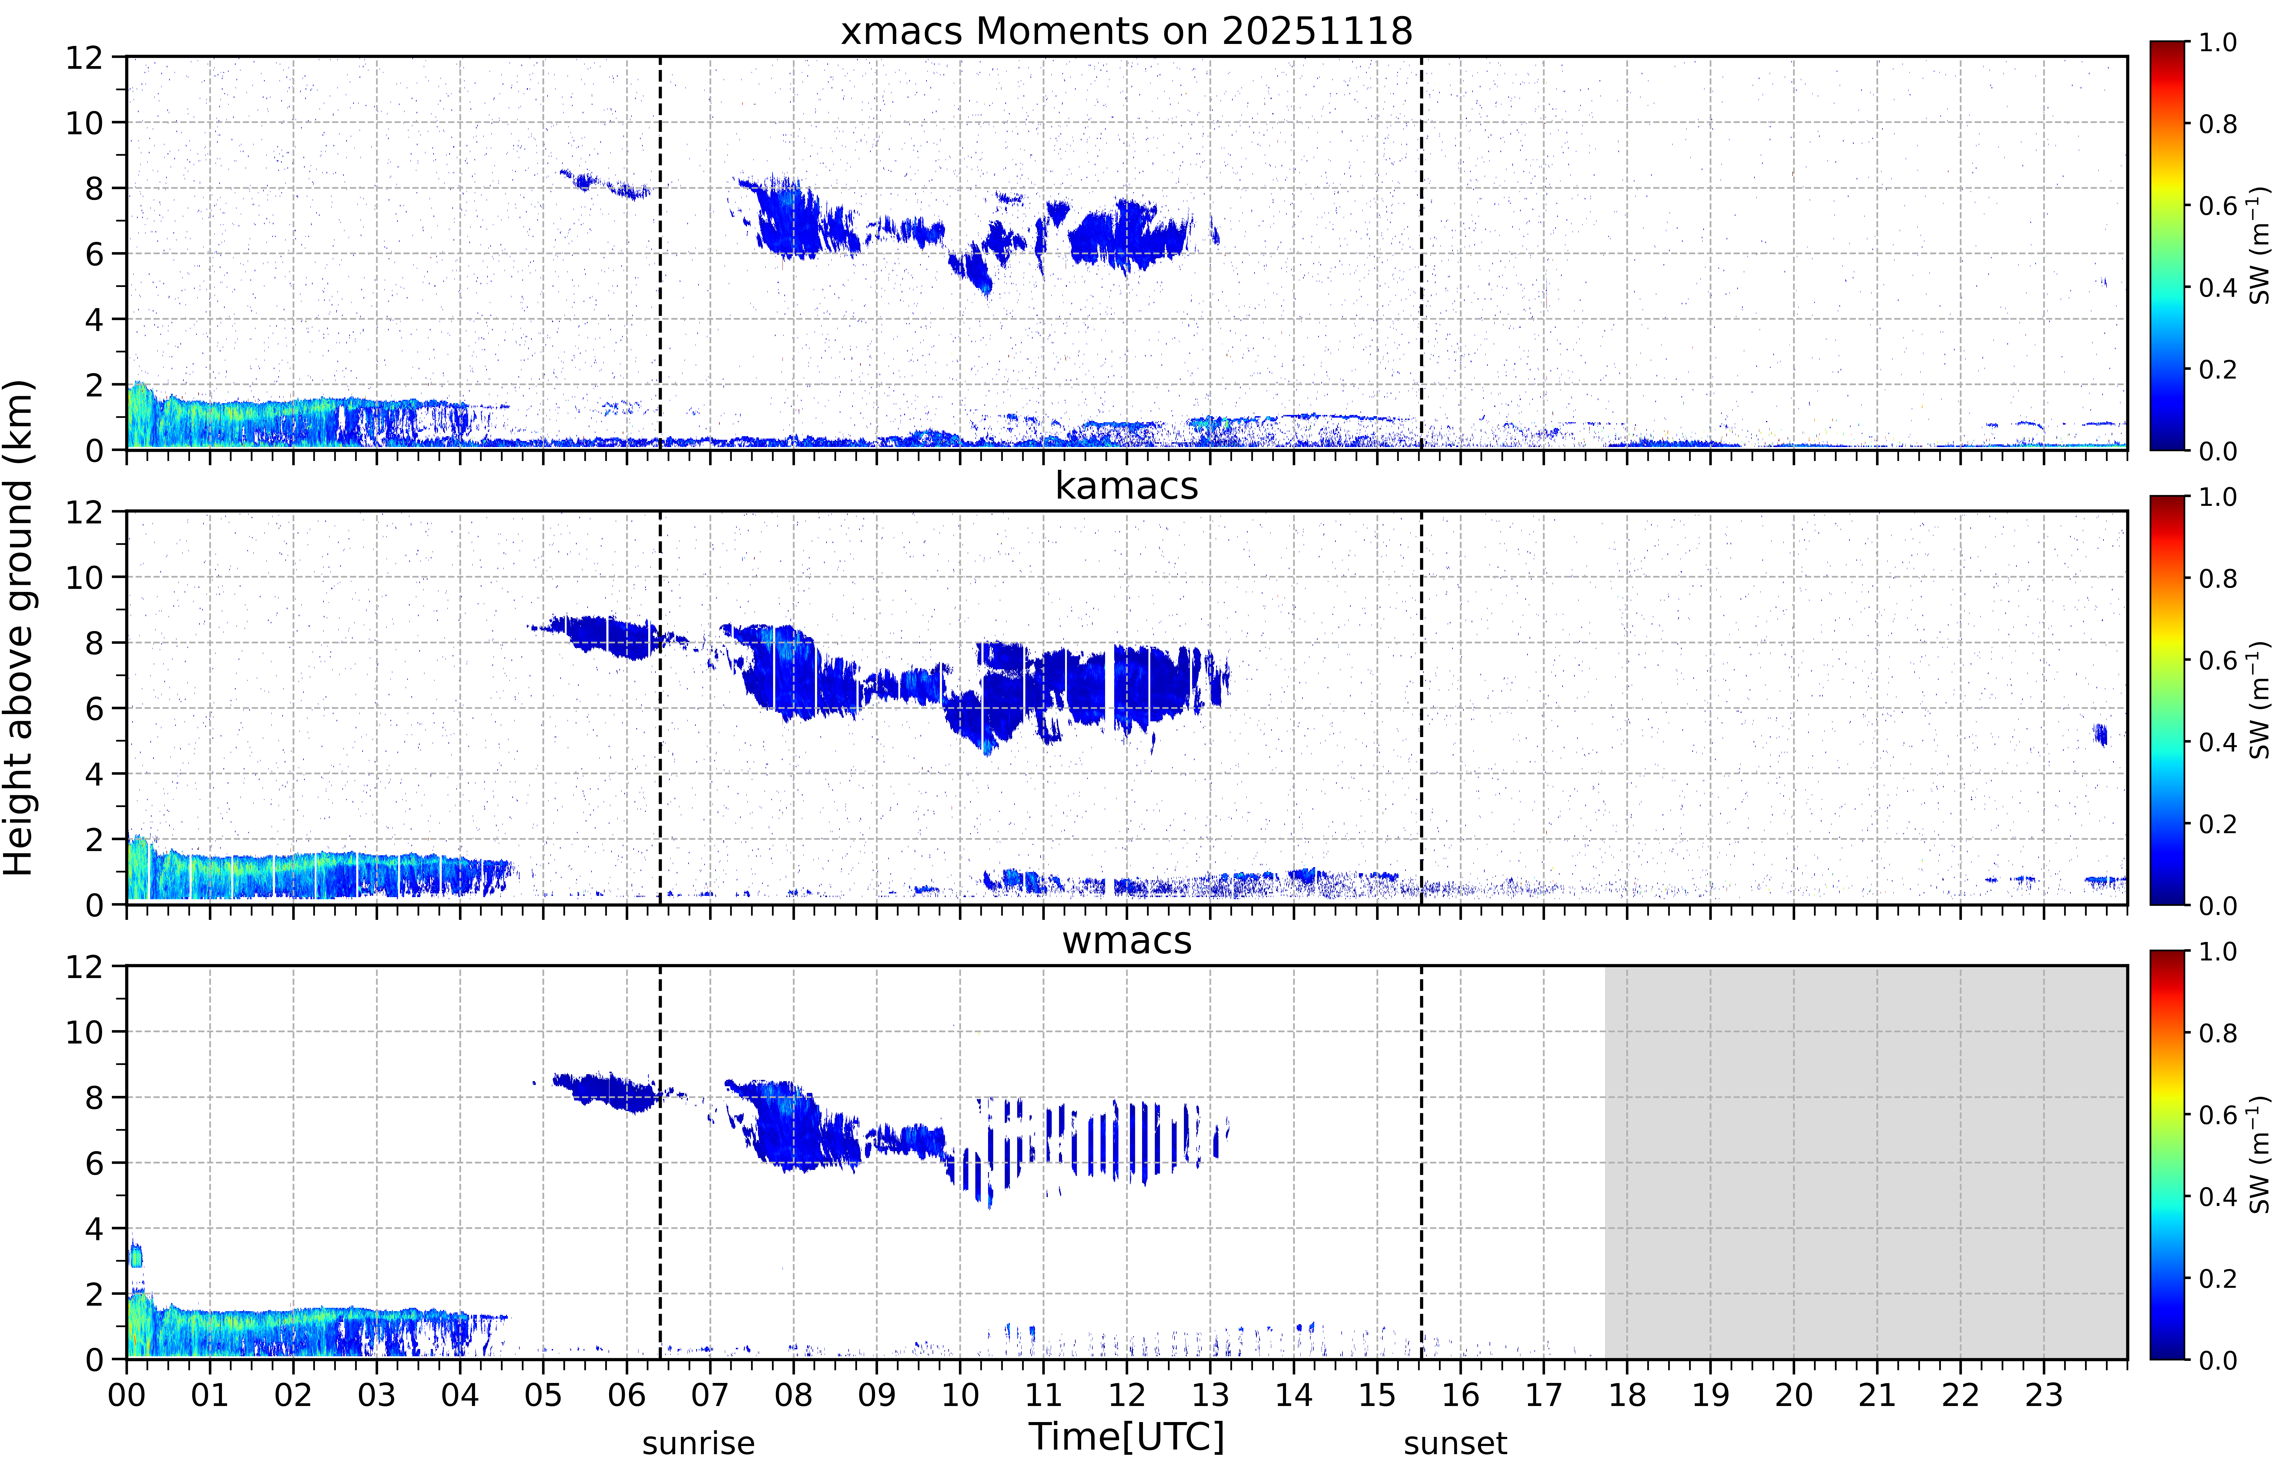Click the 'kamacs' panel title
point(1126,486)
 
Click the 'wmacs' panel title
point(1126,940)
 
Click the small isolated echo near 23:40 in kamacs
point(2100,734)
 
